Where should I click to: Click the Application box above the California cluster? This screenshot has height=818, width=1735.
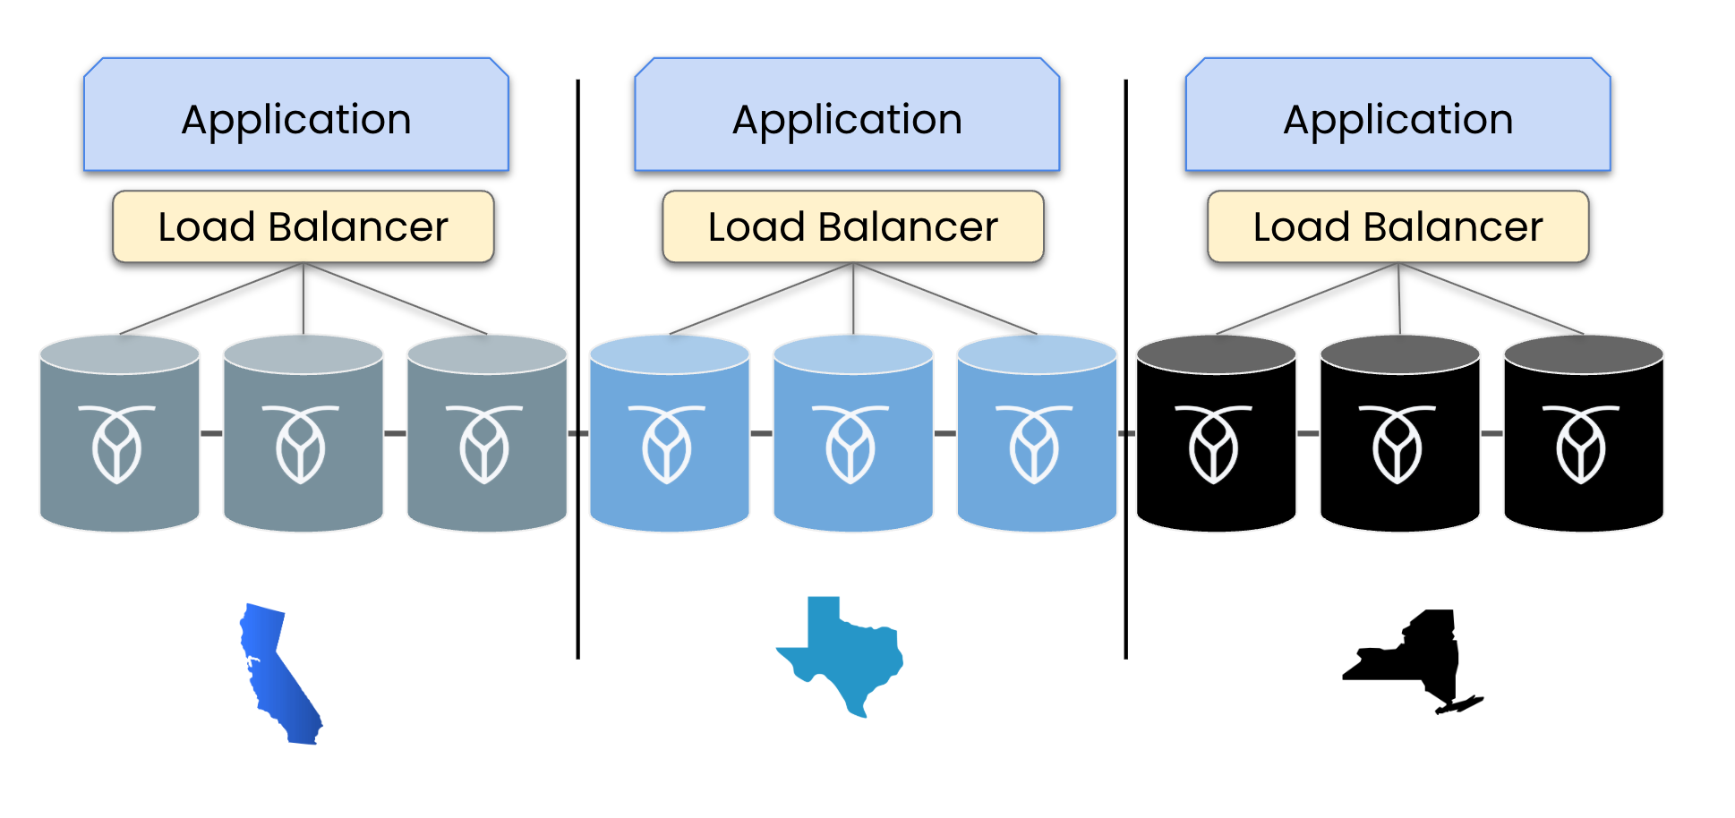coord(296,115)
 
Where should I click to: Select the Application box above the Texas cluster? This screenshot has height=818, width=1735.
coord(847,115)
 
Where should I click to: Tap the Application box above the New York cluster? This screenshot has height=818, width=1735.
coord(1397,115)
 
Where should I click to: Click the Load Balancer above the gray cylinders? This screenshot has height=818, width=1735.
coord(303,226)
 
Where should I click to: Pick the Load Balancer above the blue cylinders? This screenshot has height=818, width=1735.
coord(853,226)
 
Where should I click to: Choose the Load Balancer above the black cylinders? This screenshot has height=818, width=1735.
coord(1398,226)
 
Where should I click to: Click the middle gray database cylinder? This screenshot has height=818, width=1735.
coord(303,433)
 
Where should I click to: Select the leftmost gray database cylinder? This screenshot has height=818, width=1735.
coord(120,433)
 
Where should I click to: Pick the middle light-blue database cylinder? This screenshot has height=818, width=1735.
coord(853,433)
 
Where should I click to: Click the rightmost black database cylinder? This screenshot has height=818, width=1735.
coord(1584,433)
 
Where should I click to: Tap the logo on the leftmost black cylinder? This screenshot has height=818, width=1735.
coord(1214,444)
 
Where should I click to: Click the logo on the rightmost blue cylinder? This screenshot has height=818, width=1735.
coord(1034,444)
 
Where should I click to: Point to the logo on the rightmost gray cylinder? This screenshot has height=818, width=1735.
coord(484,444)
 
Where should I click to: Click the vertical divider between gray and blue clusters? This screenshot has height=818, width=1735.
coord(578,369)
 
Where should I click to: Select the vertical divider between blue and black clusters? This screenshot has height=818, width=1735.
coord(1125,369)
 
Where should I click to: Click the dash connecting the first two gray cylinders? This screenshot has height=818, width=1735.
coord(211,433)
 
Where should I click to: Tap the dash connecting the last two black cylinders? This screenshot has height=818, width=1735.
coord(1491,433)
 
